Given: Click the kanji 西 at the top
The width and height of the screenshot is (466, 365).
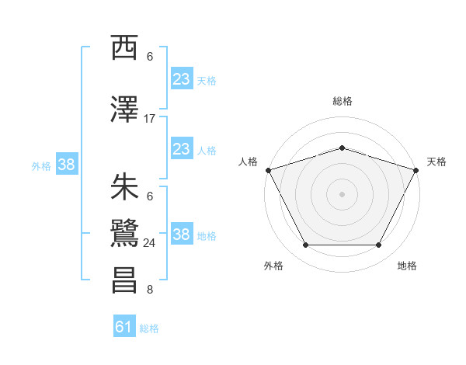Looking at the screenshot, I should [125, 48].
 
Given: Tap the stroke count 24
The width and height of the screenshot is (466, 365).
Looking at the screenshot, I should [150, 243].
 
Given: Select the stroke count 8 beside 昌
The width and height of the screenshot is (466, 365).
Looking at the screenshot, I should [150, 290].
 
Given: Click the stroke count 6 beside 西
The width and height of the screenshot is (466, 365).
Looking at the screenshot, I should [150, 57].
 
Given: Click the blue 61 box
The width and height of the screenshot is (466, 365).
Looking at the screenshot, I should [124, 328].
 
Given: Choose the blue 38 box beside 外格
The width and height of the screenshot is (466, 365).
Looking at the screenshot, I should [66, 165].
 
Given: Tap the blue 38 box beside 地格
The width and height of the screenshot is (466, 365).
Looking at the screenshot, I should [182, 235].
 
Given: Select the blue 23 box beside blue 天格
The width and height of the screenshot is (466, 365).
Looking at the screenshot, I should [182, 79].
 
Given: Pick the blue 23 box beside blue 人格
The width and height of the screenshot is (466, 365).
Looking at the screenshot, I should [182, 149].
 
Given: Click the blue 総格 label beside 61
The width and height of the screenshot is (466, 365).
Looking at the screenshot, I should [149, 328].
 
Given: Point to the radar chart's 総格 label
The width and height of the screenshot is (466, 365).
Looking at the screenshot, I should [342, 101].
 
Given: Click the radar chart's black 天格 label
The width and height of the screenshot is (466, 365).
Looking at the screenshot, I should [436, 162].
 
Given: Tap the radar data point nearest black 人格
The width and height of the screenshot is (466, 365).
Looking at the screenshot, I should [268, 169].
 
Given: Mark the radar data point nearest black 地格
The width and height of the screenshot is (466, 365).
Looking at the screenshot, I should [378, 245].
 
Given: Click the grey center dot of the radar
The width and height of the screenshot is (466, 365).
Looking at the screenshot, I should [342, 193].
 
